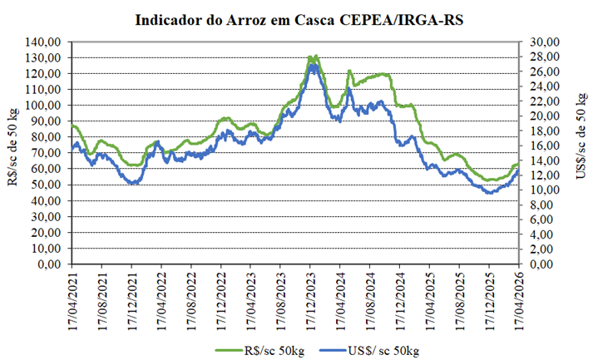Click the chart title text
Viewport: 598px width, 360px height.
coord(299,20)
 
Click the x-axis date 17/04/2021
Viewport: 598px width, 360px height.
coord(72,298)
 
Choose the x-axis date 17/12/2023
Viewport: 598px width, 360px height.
coord(310,298)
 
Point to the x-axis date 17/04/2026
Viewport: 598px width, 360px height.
coord(519,298)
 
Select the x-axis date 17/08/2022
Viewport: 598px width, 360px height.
coord(191,298)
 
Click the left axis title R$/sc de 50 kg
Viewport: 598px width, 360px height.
coord(14,153)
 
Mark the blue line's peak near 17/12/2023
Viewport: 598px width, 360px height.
coord(312,66)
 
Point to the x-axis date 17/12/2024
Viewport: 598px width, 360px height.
coord(400,298)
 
